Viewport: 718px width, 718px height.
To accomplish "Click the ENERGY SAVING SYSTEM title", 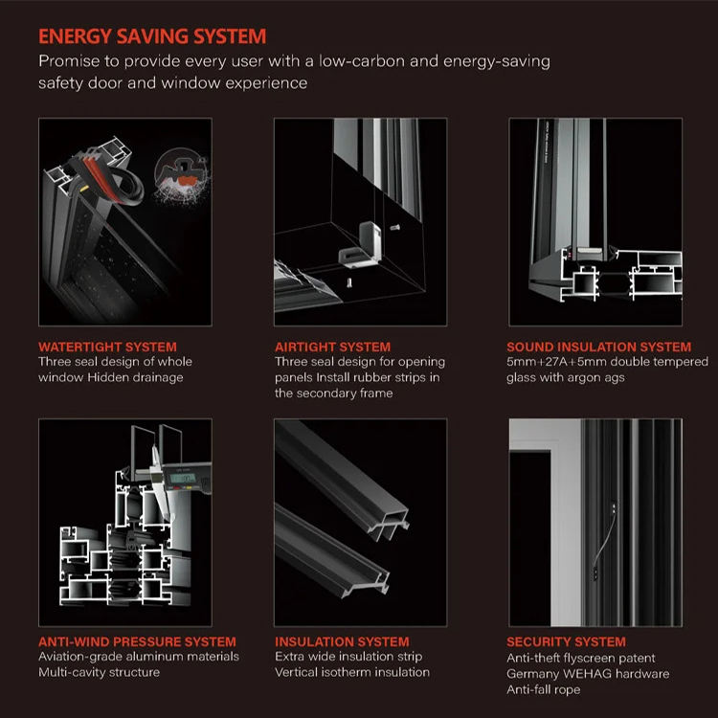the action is click(x=152, y=36).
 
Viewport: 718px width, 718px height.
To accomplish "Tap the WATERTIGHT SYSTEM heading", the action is click(x=107, y=347).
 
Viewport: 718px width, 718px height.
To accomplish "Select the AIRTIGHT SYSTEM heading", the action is click(x=332, y=347).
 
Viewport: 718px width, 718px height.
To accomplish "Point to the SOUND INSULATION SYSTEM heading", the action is click(x=598, y=347).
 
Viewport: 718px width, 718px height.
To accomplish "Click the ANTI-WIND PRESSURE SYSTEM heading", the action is click(x=137, y=641).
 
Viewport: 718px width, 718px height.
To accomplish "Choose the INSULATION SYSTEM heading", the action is click(x=342, y=641).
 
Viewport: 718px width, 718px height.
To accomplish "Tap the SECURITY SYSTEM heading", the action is click(x=566, y=641).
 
